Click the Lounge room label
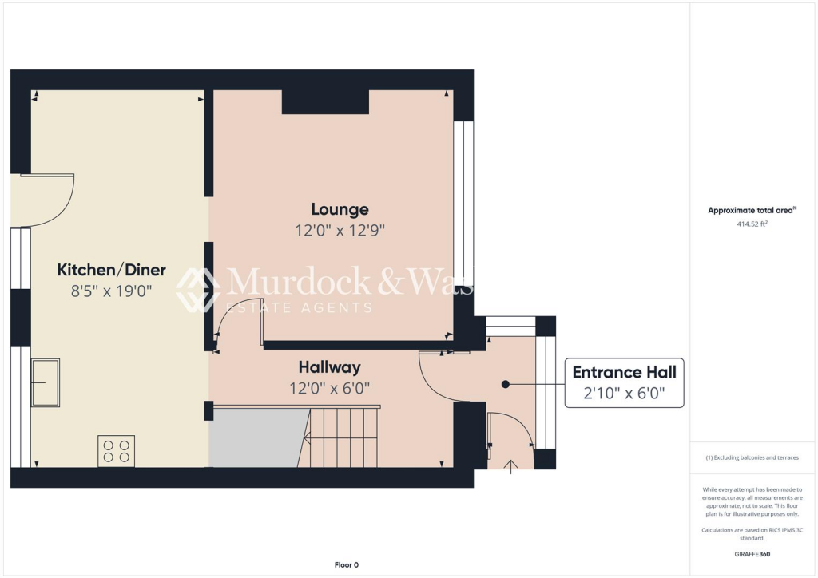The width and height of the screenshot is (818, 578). (x=340, y=209)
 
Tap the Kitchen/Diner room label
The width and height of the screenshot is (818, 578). (x=111, y=270)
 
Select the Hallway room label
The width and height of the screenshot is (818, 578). (x=329, y=367)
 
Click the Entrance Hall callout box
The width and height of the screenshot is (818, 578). (x=624, y=382)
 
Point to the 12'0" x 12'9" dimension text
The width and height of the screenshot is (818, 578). (x=340, y=230)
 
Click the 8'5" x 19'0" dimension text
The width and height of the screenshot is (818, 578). (x=111, y=291)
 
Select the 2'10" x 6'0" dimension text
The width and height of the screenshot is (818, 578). (x=624, y=394)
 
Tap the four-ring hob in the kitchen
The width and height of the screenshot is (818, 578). (x=116, y=451)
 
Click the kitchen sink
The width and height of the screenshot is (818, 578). (x=46, y=382)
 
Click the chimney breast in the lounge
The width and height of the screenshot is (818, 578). (x=325, y=102)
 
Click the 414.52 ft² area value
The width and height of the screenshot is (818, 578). (x=752, y=224)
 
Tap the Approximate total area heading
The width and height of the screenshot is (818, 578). (x=752, y=211)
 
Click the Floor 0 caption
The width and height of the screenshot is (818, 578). (x=347, y=565)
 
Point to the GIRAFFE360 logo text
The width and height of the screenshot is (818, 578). (x=753, y=553)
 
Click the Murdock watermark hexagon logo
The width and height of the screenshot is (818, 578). (x=197, y=289)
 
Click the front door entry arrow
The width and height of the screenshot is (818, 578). (x=511, y=464)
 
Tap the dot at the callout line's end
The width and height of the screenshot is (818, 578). (x=505, y=384)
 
